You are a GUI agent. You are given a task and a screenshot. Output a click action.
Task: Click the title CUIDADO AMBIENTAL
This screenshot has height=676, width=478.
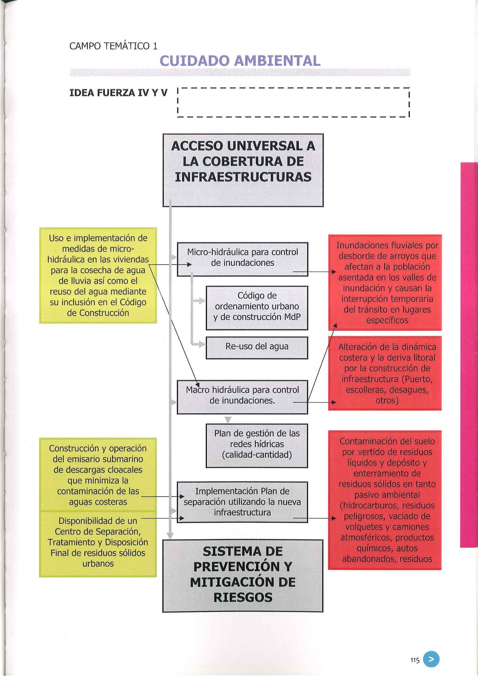240,61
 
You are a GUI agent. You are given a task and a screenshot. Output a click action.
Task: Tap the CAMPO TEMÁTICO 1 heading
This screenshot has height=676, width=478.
113,46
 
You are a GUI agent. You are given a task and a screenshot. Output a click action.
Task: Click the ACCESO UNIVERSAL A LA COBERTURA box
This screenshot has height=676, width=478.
243,170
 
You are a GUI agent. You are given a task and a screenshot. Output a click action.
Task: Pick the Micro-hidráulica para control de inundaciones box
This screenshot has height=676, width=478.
242,259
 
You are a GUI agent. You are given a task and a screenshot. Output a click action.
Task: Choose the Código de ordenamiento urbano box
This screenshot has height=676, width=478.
257,307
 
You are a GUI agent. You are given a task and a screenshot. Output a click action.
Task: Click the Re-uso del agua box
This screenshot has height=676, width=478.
257,348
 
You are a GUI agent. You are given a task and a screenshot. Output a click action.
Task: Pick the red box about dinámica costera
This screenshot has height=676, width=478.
385,373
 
